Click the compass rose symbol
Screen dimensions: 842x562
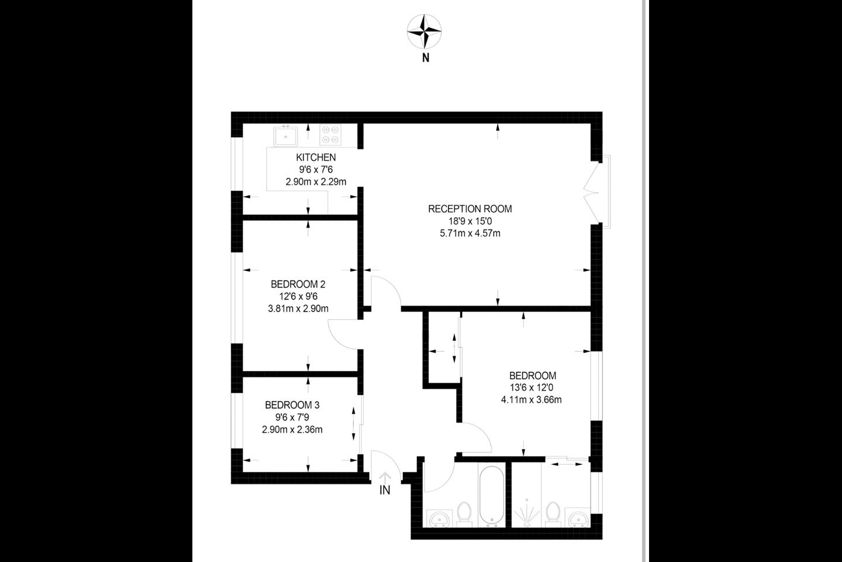coord(425,32)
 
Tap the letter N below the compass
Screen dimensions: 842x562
coord(426,58)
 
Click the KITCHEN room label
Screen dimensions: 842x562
coord(316,157)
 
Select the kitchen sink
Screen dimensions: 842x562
coord(286,136)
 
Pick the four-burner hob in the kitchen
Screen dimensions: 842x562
coord(331,135)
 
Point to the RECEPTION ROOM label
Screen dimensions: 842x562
coord(470,209)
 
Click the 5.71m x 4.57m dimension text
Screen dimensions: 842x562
coord(470,234)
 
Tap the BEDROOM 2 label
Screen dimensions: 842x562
coord(298,284)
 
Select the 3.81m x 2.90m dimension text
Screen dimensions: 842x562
coord(298,309)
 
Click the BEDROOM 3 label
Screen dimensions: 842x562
coord(292,405)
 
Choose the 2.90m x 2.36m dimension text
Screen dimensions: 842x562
coord(292,430)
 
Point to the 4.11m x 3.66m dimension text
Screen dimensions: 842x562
coord(531,400)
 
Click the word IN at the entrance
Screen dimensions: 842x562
coord(385,490)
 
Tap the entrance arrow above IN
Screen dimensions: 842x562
coord(385,477)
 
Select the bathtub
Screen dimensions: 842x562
coord(492,496)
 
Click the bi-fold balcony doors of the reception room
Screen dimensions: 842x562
coord(591,192)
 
